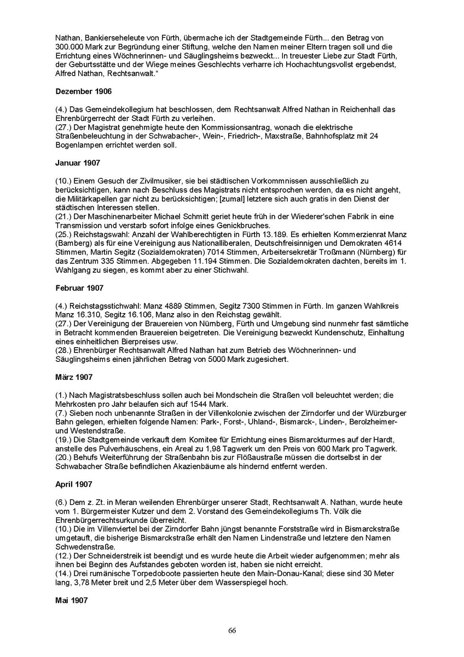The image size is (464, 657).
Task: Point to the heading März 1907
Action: pos(74,377)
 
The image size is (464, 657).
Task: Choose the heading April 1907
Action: pos(73,484)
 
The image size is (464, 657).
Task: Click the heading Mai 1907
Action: pos(72,600)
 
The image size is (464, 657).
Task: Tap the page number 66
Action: pos(232,631)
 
